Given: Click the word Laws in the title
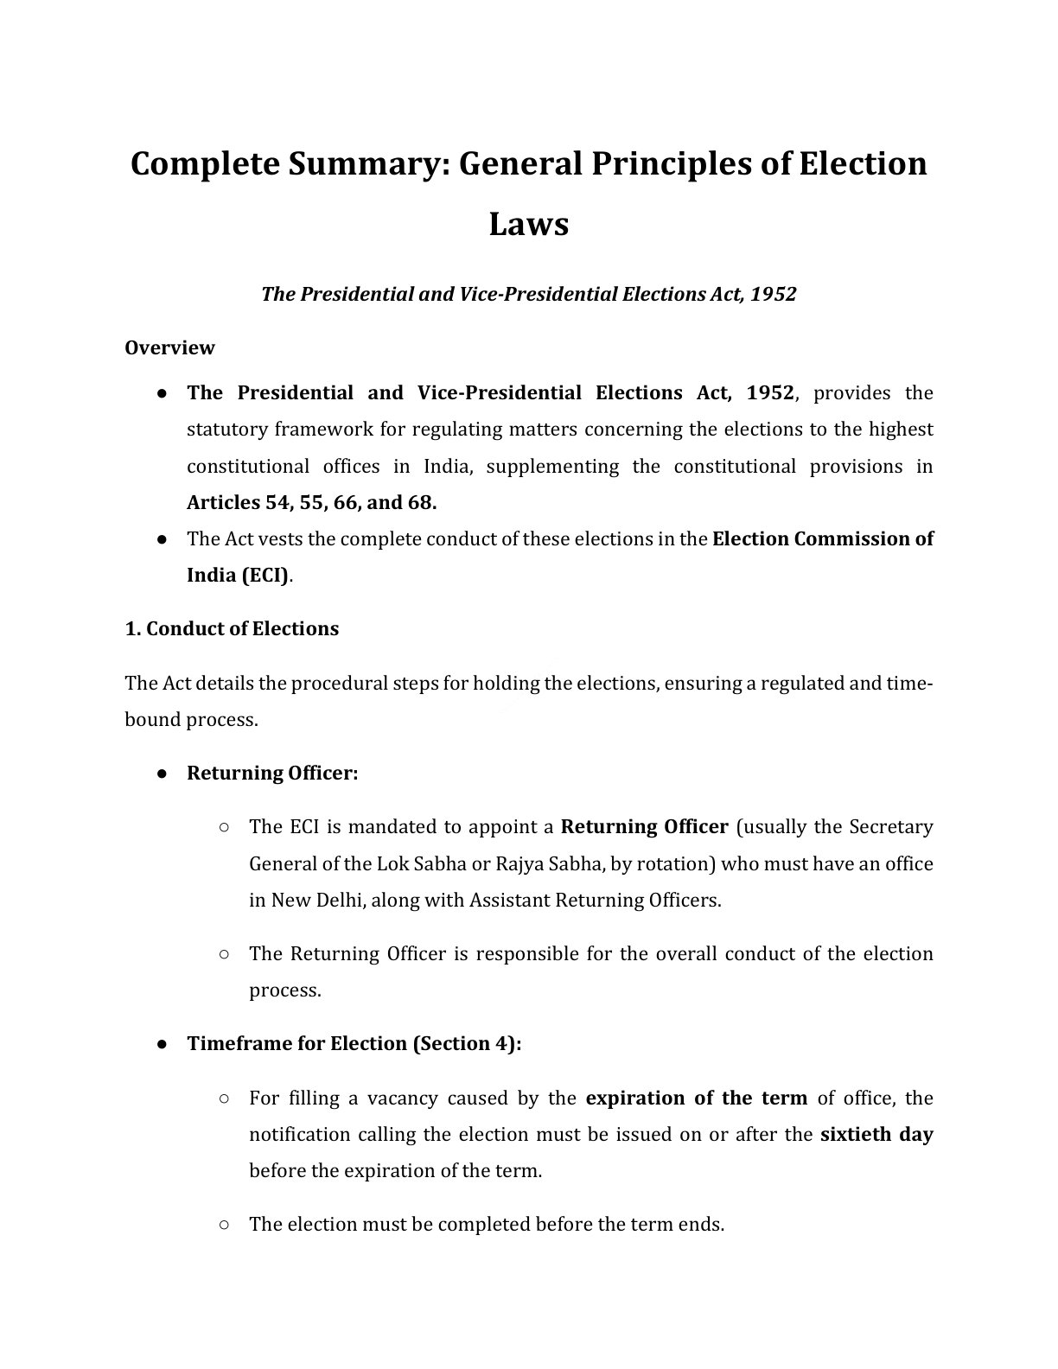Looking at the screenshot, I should click(x=528, y=224).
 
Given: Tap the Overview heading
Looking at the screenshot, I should click(x=169, y=347).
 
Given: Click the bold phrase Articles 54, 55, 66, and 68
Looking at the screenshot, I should click(x=311, y=502).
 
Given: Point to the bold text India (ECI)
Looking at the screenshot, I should click(x=239, y=575).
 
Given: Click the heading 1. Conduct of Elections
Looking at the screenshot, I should click(x=232, y=628).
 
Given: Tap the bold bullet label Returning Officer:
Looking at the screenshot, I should click(x=271, y=773).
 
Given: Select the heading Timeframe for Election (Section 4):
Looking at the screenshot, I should click(x=354, y=1043).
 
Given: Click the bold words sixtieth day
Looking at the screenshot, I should click(x=876, y=1134).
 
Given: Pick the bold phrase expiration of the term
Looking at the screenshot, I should click(x=696, y=1098).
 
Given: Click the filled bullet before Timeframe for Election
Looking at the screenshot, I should click(x=162, y=1044).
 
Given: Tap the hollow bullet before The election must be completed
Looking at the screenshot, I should click(x=224, y=1224).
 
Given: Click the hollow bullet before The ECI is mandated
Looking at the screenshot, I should click(x=224, y=827).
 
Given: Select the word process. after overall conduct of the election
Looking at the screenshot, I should click(x=284, y=990).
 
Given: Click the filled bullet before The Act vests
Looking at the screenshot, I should click(x=162, y=539).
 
